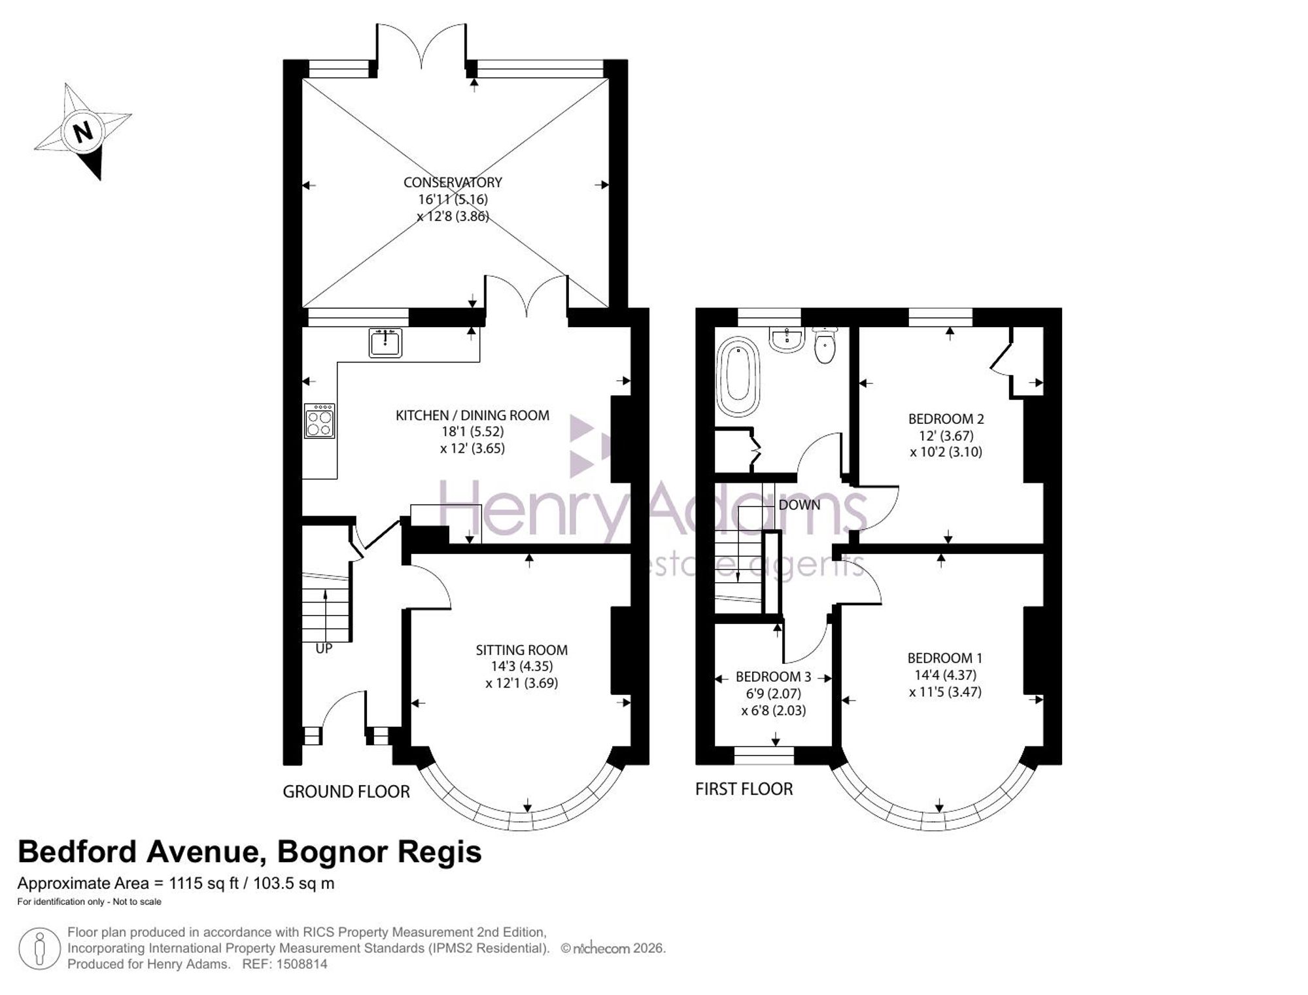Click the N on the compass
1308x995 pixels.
[82, 133]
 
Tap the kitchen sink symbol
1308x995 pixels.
[385, 343]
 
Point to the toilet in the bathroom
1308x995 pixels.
[825, 345]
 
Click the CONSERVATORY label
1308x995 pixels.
[453, 183]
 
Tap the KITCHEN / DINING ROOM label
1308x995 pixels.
[472, 415]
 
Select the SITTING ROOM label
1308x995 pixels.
[521, 650]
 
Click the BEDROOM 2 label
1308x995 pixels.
[946, 419]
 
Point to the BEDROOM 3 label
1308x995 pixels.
[773, 676]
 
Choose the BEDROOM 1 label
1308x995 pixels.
[944, 658]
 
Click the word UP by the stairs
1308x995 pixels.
[324, 648]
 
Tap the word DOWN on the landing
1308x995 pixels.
[799, 505]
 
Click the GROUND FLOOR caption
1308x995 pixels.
[346, 792]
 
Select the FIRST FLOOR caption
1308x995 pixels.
[744, 789]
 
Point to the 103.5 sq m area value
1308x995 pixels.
[294, 883]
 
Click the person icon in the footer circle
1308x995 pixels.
[40, 948]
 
